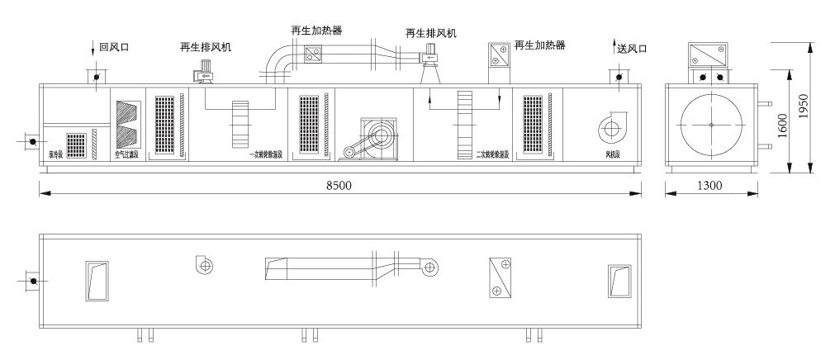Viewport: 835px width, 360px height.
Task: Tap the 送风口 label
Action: coord(632,49)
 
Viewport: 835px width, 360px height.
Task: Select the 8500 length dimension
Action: coord(339,186)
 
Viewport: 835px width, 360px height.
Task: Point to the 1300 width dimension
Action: coord(709,186)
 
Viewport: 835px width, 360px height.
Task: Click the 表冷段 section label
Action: coord(55,154)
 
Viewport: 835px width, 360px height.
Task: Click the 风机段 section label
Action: coord(612,154)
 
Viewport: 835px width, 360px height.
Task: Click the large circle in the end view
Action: coord(711,124)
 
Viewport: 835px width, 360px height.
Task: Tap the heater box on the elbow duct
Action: coord(314,55)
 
